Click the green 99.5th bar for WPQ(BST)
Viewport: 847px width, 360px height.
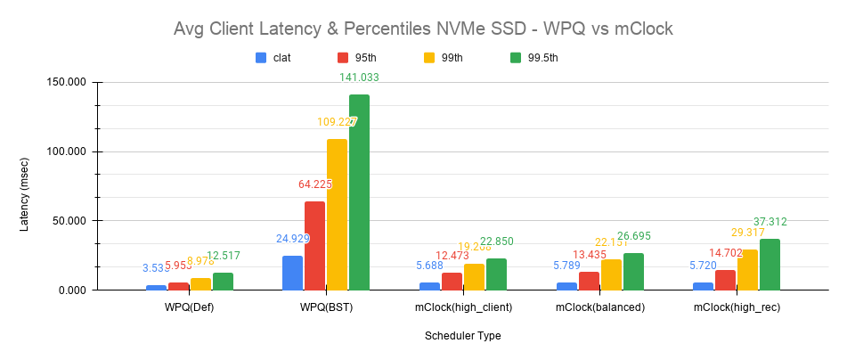pos(359,192)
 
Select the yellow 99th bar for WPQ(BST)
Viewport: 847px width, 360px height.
pos(337,215)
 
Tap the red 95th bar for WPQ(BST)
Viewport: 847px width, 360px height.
pos(314,246)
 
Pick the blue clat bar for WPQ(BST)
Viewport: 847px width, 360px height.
pos(292,273)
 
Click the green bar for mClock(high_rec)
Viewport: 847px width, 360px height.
pos(770,265)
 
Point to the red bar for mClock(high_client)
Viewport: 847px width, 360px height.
pos(452,281)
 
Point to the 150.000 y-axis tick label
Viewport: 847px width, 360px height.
pos(64,82)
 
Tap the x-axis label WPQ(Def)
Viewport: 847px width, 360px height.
pos(190,307)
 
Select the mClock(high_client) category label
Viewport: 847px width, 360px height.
pos(462,307)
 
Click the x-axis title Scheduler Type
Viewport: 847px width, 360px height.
pos(462,336)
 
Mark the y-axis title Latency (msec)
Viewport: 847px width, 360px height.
pos(25,186)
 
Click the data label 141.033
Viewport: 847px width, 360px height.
pos(360,78)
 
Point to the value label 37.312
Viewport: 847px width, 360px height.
pos(770,222)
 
